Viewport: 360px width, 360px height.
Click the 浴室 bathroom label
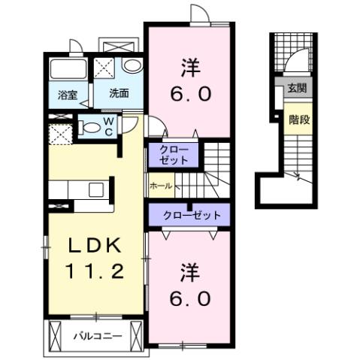point(68,95)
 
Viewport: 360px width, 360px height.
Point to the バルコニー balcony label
point(97,335)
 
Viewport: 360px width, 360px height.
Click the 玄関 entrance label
point(295,88)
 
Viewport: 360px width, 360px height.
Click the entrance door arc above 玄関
point(298,60)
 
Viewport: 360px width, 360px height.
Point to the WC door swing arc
point(131,124)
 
